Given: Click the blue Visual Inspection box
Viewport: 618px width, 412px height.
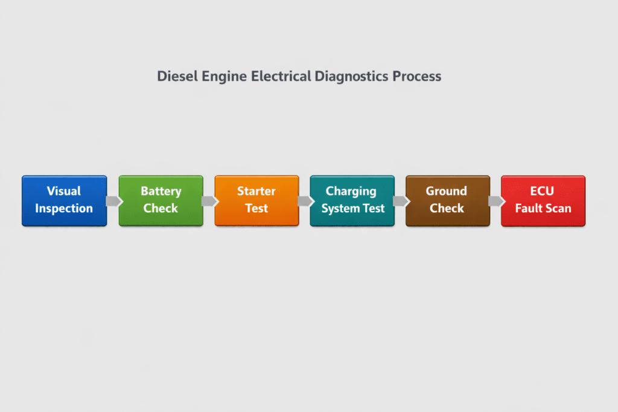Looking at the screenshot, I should tap(64, 201).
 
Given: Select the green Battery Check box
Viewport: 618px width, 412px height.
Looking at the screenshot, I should tap(161, 201).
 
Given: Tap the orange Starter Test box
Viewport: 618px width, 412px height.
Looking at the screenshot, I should tap(256, 201).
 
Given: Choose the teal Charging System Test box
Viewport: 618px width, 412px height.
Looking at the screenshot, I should tap(352, 201).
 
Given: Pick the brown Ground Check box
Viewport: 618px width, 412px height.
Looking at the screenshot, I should tap(447, 201).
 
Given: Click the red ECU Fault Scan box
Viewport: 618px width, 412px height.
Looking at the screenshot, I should tap(543, 201).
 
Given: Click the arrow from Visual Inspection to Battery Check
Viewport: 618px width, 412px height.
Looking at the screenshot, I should tap(113, 201).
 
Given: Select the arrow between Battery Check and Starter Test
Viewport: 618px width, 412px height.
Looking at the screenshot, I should tap(209, 201).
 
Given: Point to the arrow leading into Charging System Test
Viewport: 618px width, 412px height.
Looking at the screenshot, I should tap(305, 201).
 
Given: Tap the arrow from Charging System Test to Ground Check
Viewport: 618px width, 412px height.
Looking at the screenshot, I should tap(400, 201).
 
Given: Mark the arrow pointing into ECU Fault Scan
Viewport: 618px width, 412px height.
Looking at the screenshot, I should tap(495, 201).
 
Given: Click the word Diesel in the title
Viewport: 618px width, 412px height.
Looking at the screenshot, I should tap(176, 77).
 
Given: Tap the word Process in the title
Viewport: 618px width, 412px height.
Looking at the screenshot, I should tap(417, 77).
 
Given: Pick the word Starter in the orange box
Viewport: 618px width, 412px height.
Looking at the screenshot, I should tap(256, 191).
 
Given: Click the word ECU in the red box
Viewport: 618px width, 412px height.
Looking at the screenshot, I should tap(543, 191).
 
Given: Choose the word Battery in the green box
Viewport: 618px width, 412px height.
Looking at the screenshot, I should tap(161, 191).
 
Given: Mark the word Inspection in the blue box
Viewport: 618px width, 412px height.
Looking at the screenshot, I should tap(64, 209).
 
